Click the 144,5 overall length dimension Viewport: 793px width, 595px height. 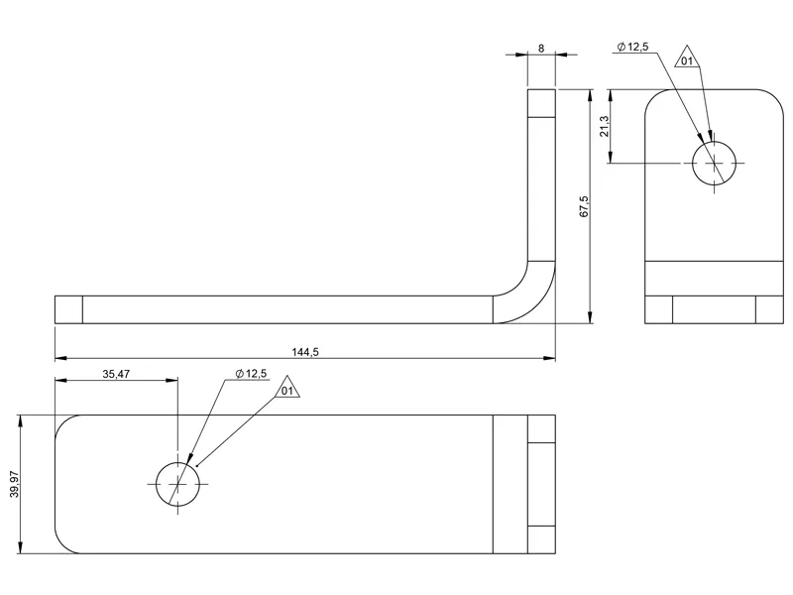305,352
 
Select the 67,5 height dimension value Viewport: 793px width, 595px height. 584,206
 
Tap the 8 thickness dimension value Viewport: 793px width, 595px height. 541,48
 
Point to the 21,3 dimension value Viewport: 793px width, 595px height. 605,126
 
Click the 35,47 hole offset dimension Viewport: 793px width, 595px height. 116,374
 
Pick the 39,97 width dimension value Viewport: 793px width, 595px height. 14,484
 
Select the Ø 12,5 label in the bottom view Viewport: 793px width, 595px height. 251,374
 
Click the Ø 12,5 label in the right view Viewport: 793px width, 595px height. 632,47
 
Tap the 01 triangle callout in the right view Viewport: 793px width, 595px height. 687,58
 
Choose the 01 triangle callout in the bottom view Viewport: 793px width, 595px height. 287,388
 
